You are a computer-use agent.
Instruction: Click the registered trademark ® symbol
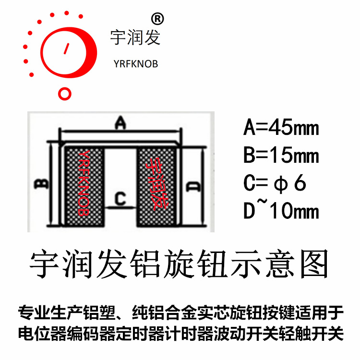(157, 19)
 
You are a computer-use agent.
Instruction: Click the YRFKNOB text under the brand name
(135, 64)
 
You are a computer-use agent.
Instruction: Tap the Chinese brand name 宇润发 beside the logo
(135, 37)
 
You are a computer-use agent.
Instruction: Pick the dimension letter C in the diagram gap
(120, 198)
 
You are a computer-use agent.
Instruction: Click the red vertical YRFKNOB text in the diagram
(83, 182)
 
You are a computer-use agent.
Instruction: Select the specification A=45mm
(281, 128)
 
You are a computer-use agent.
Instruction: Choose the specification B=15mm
(281, 156)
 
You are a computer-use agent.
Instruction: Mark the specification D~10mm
(281, 211)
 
